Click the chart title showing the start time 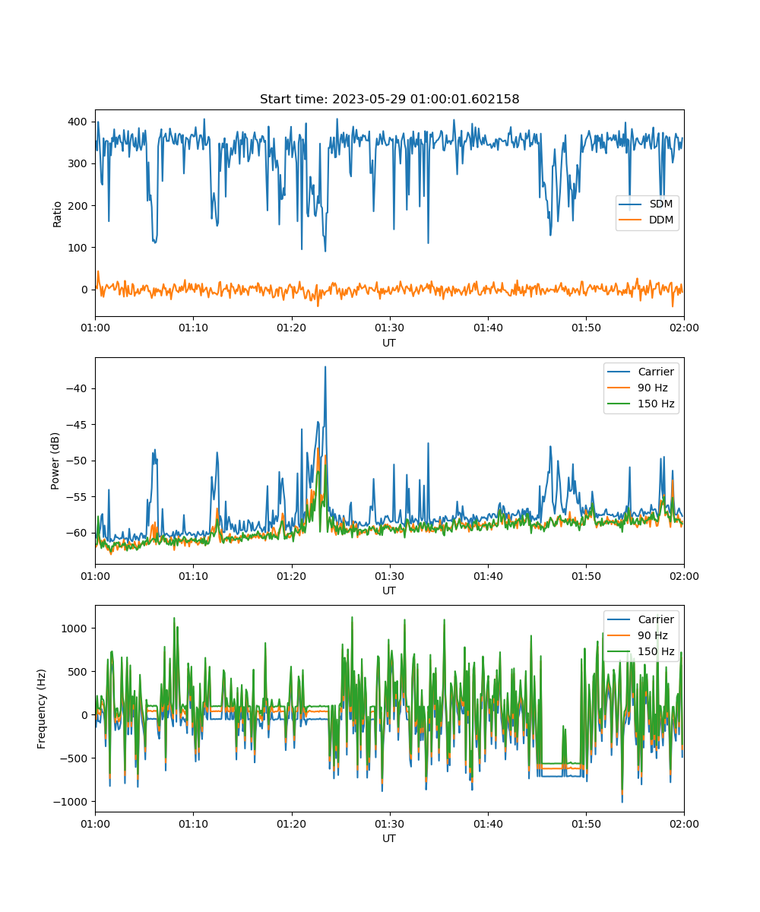(389, 99)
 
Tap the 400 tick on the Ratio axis (78, 122)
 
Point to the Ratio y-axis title (57, 214)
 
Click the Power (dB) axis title (55, 461)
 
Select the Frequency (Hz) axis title (42, 709)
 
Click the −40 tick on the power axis (77, 388)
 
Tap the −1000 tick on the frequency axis (71, 802)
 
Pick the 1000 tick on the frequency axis (74, 629)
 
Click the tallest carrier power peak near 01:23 (325, 367)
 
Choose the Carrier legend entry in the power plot (641, 372)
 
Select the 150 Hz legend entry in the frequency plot (641, 651)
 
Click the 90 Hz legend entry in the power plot (638, 388)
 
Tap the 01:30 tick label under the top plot (390, 328)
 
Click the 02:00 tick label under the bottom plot (684, 824)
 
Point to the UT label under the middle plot (388, 591)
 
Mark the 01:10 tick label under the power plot (194, 576)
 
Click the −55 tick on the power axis (77, 497)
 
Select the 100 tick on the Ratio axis (78, 248)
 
